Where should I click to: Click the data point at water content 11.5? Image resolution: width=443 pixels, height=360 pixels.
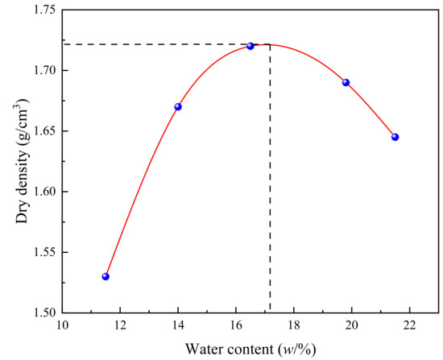point(106,276)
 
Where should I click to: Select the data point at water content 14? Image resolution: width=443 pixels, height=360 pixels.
point(178,107)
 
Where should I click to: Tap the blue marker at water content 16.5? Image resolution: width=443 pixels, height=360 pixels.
point(250,46)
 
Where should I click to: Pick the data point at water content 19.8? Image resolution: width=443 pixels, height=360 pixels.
point(346,82)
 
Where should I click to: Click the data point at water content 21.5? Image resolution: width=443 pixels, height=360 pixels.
point(395,137)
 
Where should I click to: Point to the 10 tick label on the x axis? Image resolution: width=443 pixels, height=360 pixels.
point(62,327)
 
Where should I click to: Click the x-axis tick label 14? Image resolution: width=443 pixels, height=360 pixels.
point(178,327)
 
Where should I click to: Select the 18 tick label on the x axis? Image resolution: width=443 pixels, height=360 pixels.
point(294,327)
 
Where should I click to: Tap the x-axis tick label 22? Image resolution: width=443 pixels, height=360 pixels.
point(410,327)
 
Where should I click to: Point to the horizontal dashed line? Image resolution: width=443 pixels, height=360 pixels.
point(161,44)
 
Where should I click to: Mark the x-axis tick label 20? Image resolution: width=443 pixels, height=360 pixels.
point(352,327)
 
